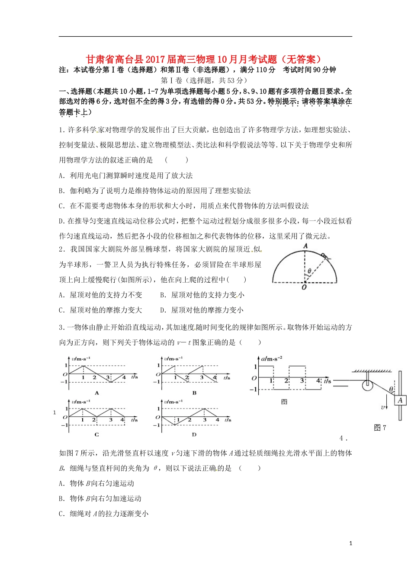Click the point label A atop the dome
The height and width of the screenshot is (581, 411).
coord(305,246)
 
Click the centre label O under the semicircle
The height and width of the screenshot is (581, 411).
coord(304,287)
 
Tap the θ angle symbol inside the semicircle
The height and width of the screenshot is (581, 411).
coord(309,271)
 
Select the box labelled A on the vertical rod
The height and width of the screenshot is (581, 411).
coord(400,400)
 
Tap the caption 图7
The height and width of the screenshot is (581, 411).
coord(379,428)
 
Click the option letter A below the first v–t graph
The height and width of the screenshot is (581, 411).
coord(97,393)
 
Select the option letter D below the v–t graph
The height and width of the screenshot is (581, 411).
coord(194,434)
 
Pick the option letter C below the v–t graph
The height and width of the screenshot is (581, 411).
coord(96,434)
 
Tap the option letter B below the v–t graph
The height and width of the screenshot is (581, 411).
coord(194,393)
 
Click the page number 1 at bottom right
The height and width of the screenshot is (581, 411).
coord(350,543)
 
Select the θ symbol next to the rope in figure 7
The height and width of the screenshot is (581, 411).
coord(391,389)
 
